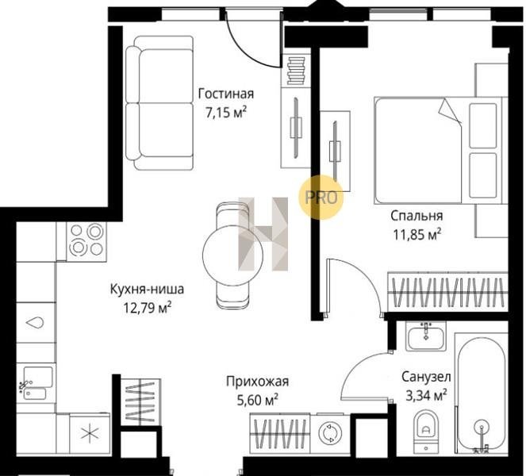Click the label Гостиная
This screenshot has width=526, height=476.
click(226, 94)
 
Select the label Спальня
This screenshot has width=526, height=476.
click(417, 216)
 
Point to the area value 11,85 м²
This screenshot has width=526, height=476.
click(417, 235)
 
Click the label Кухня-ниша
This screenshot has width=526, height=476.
click(147, 289)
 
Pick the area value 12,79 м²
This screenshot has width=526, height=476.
click(148, 308)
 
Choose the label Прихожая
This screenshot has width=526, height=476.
click(257, 382)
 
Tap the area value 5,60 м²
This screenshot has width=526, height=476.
click(257, 400)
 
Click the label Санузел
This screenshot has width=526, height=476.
click(426, 377)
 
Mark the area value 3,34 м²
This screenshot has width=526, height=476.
click(426, 396)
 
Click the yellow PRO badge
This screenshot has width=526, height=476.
click(321, 198)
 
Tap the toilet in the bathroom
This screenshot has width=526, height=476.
click(426, 431)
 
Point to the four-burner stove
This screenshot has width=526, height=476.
click(86, 241)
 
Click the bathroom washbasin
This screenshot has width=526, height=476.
click(426, 336)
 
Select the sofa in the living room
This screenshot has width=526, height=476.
click(159, 102)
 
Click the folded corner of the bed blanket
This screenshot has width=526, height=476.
click(450, 110)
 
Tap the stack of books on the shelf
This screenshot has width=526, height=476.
click(296, 71)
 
